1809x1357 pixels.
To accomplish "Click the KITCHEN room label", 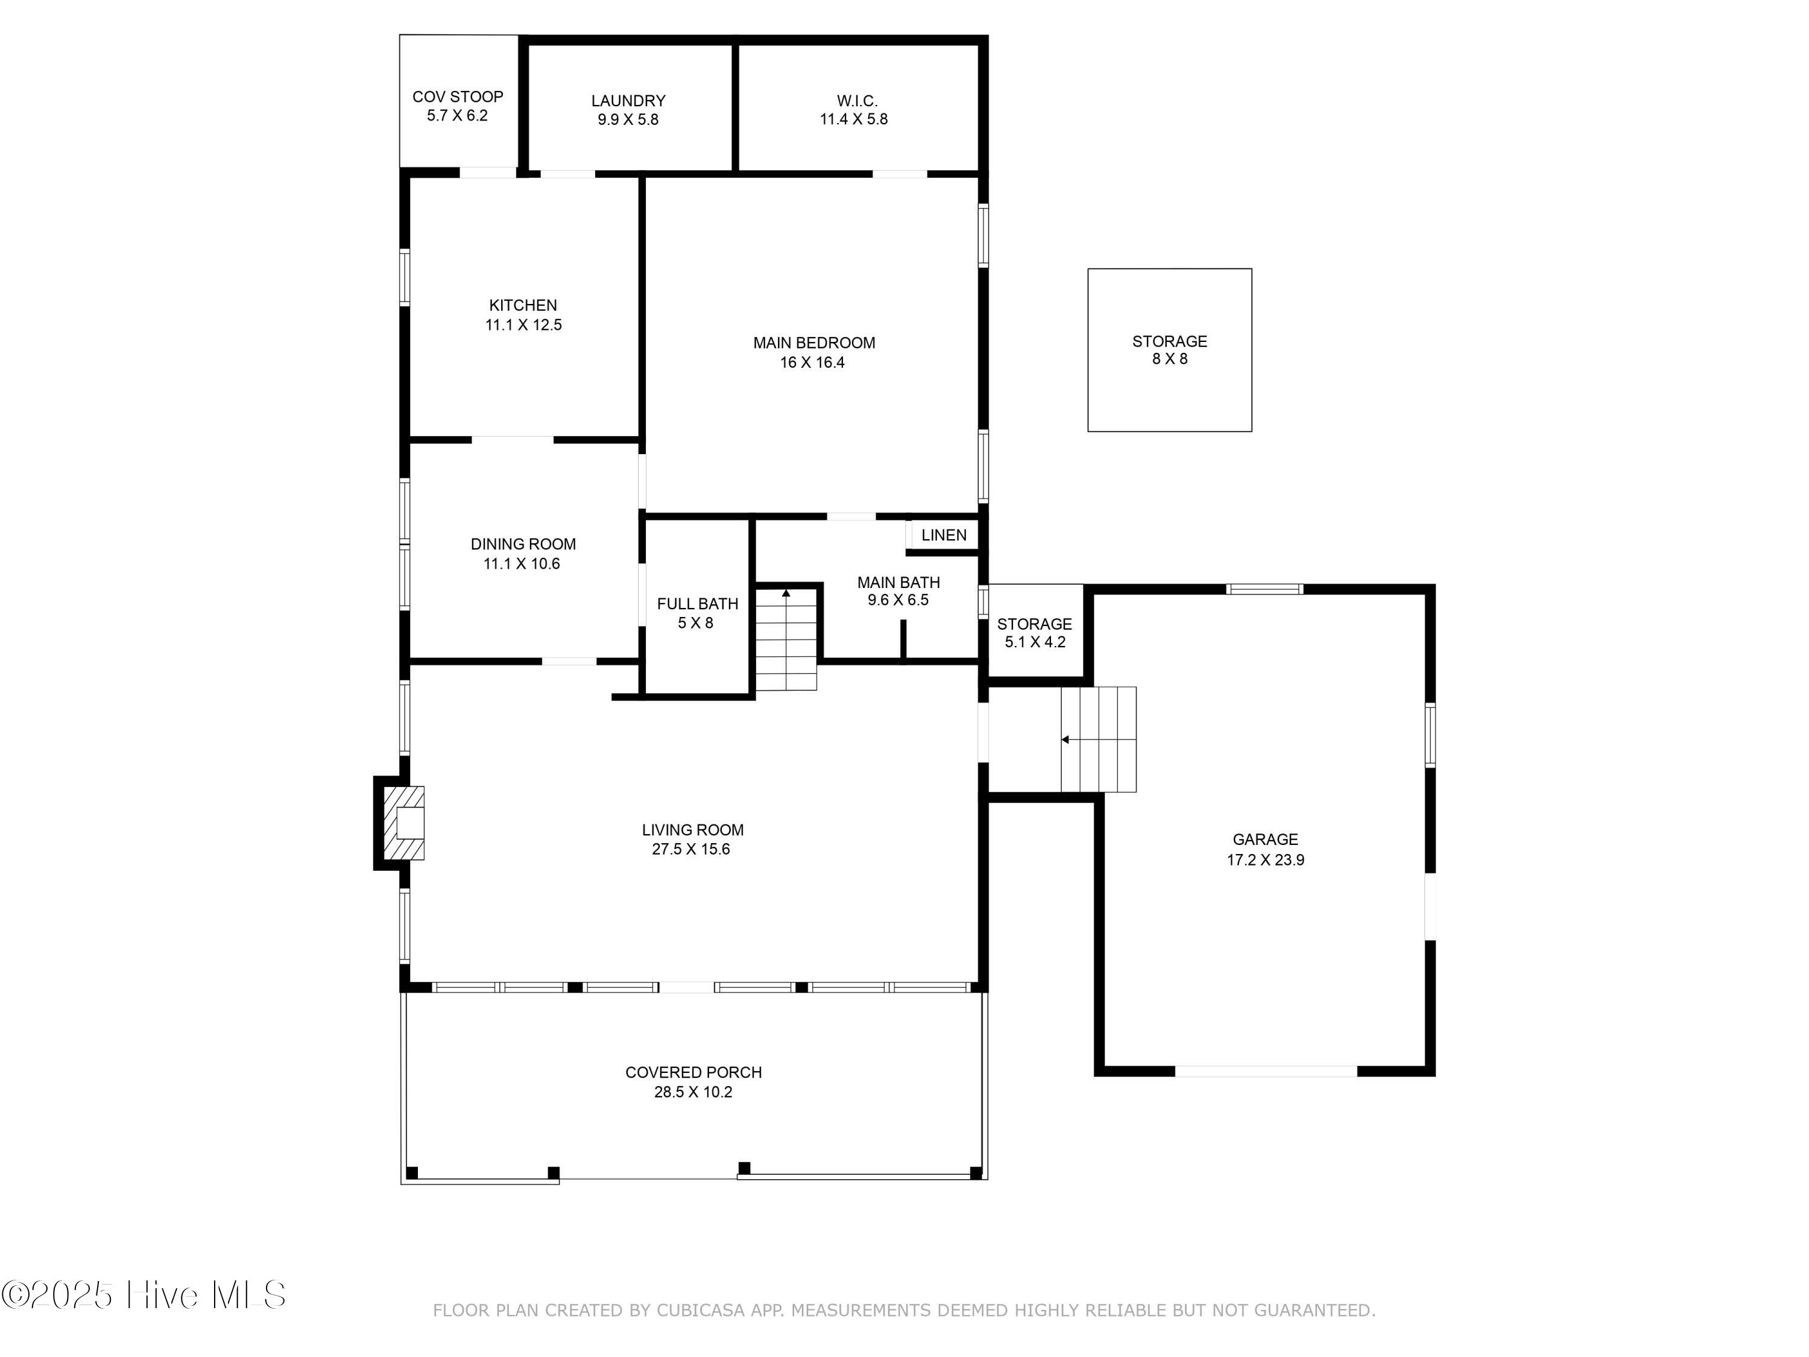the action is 523,305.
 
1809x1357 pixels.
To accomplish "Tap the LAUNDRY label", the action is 628,101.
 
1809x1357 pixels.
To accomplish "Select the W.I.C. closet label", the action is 857,101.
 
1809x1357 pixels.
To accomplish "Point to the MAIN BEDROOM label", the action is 813,343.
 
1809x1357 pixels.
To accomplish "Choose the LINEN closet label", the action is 944,535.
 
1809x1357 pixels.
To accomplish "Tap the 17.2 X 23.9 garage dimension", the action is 1265,859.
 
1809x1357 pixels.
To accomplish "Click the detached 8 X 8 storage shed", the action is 1169,350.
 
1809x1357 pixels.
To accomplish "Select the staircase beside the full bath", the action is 786,639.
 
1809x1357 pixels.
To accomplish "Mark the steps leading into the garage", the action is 1098,739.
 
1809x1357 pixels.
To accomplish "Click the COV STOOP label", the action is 457,96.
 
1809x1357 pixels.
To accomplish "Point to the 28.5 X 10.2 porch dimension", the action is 693,1092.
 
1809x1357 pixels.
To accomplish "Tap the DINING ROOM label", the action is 523,544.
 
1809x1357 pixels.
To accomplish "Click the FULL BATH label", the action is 697,604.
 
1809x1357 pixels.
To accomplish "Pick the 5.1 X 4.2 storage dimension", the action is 1035,642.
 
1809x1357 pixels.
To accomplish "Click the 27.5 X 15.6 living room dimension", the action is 691,849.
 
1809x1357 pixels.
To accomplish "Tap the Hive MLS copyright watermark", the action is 144,1295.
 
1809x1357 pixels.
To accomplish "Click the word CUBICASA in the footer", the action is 701,1311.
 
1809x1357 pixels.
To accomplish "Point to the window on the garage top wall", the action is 1264,589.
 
